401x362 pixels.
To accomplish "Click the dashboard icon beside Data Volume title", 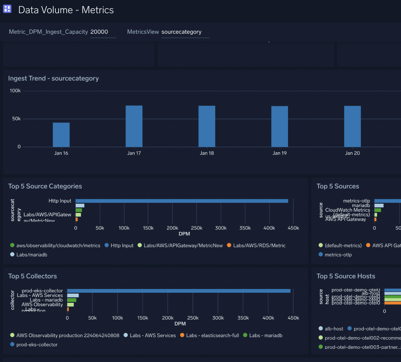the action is coord(7,9).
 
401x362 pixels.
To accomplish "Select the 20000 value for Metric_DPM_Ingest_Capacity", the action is coord(99,32).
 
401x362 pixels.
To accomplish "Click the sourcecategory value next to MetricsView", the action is coord(181,32).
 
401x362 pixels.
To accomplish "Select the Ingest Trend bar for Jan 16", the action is coord(61,135).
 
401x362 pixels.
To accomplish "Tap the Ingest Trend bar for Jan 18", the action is coord(207,126).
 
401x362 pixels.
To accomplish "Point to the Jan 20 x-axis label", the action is coord(352,153).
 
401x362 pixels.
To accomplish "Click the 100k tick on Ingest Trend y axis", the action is coord(15,91).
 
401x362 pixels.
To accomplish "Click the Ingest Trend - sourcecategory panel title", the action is coord(53,79).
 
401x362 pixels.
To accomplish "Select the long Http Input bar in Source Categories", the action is coord(182,201).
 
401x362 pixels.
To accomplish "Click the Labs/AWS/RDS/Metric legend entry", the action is coord(259,245).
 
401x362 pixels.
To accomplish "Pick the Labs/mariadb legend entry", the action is coord(32,255).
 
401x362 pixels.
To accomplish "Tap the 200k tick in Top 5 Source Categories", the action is coord(172,228).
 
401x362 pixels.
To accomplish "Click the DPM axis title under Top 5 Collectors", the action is coord(180,324).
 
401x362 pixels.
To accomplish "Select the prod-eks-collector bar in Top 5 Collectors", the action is coord(179,291).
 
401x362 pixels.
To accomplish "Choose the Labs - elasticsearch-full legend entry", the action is coord(212,335).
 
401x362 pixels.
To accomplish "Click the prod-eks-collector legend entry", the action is coord(37,345).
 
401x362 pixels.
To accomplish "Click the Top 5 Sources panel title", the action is coord(338,186).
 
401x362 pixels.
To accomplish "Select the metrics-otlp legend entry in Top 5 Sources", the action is coord(338,255).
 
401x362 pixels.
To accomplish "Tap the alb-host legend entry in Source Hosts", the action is coord(334,329).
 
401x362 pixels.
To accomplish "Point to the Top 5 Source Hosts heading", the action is coord(346,276).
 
